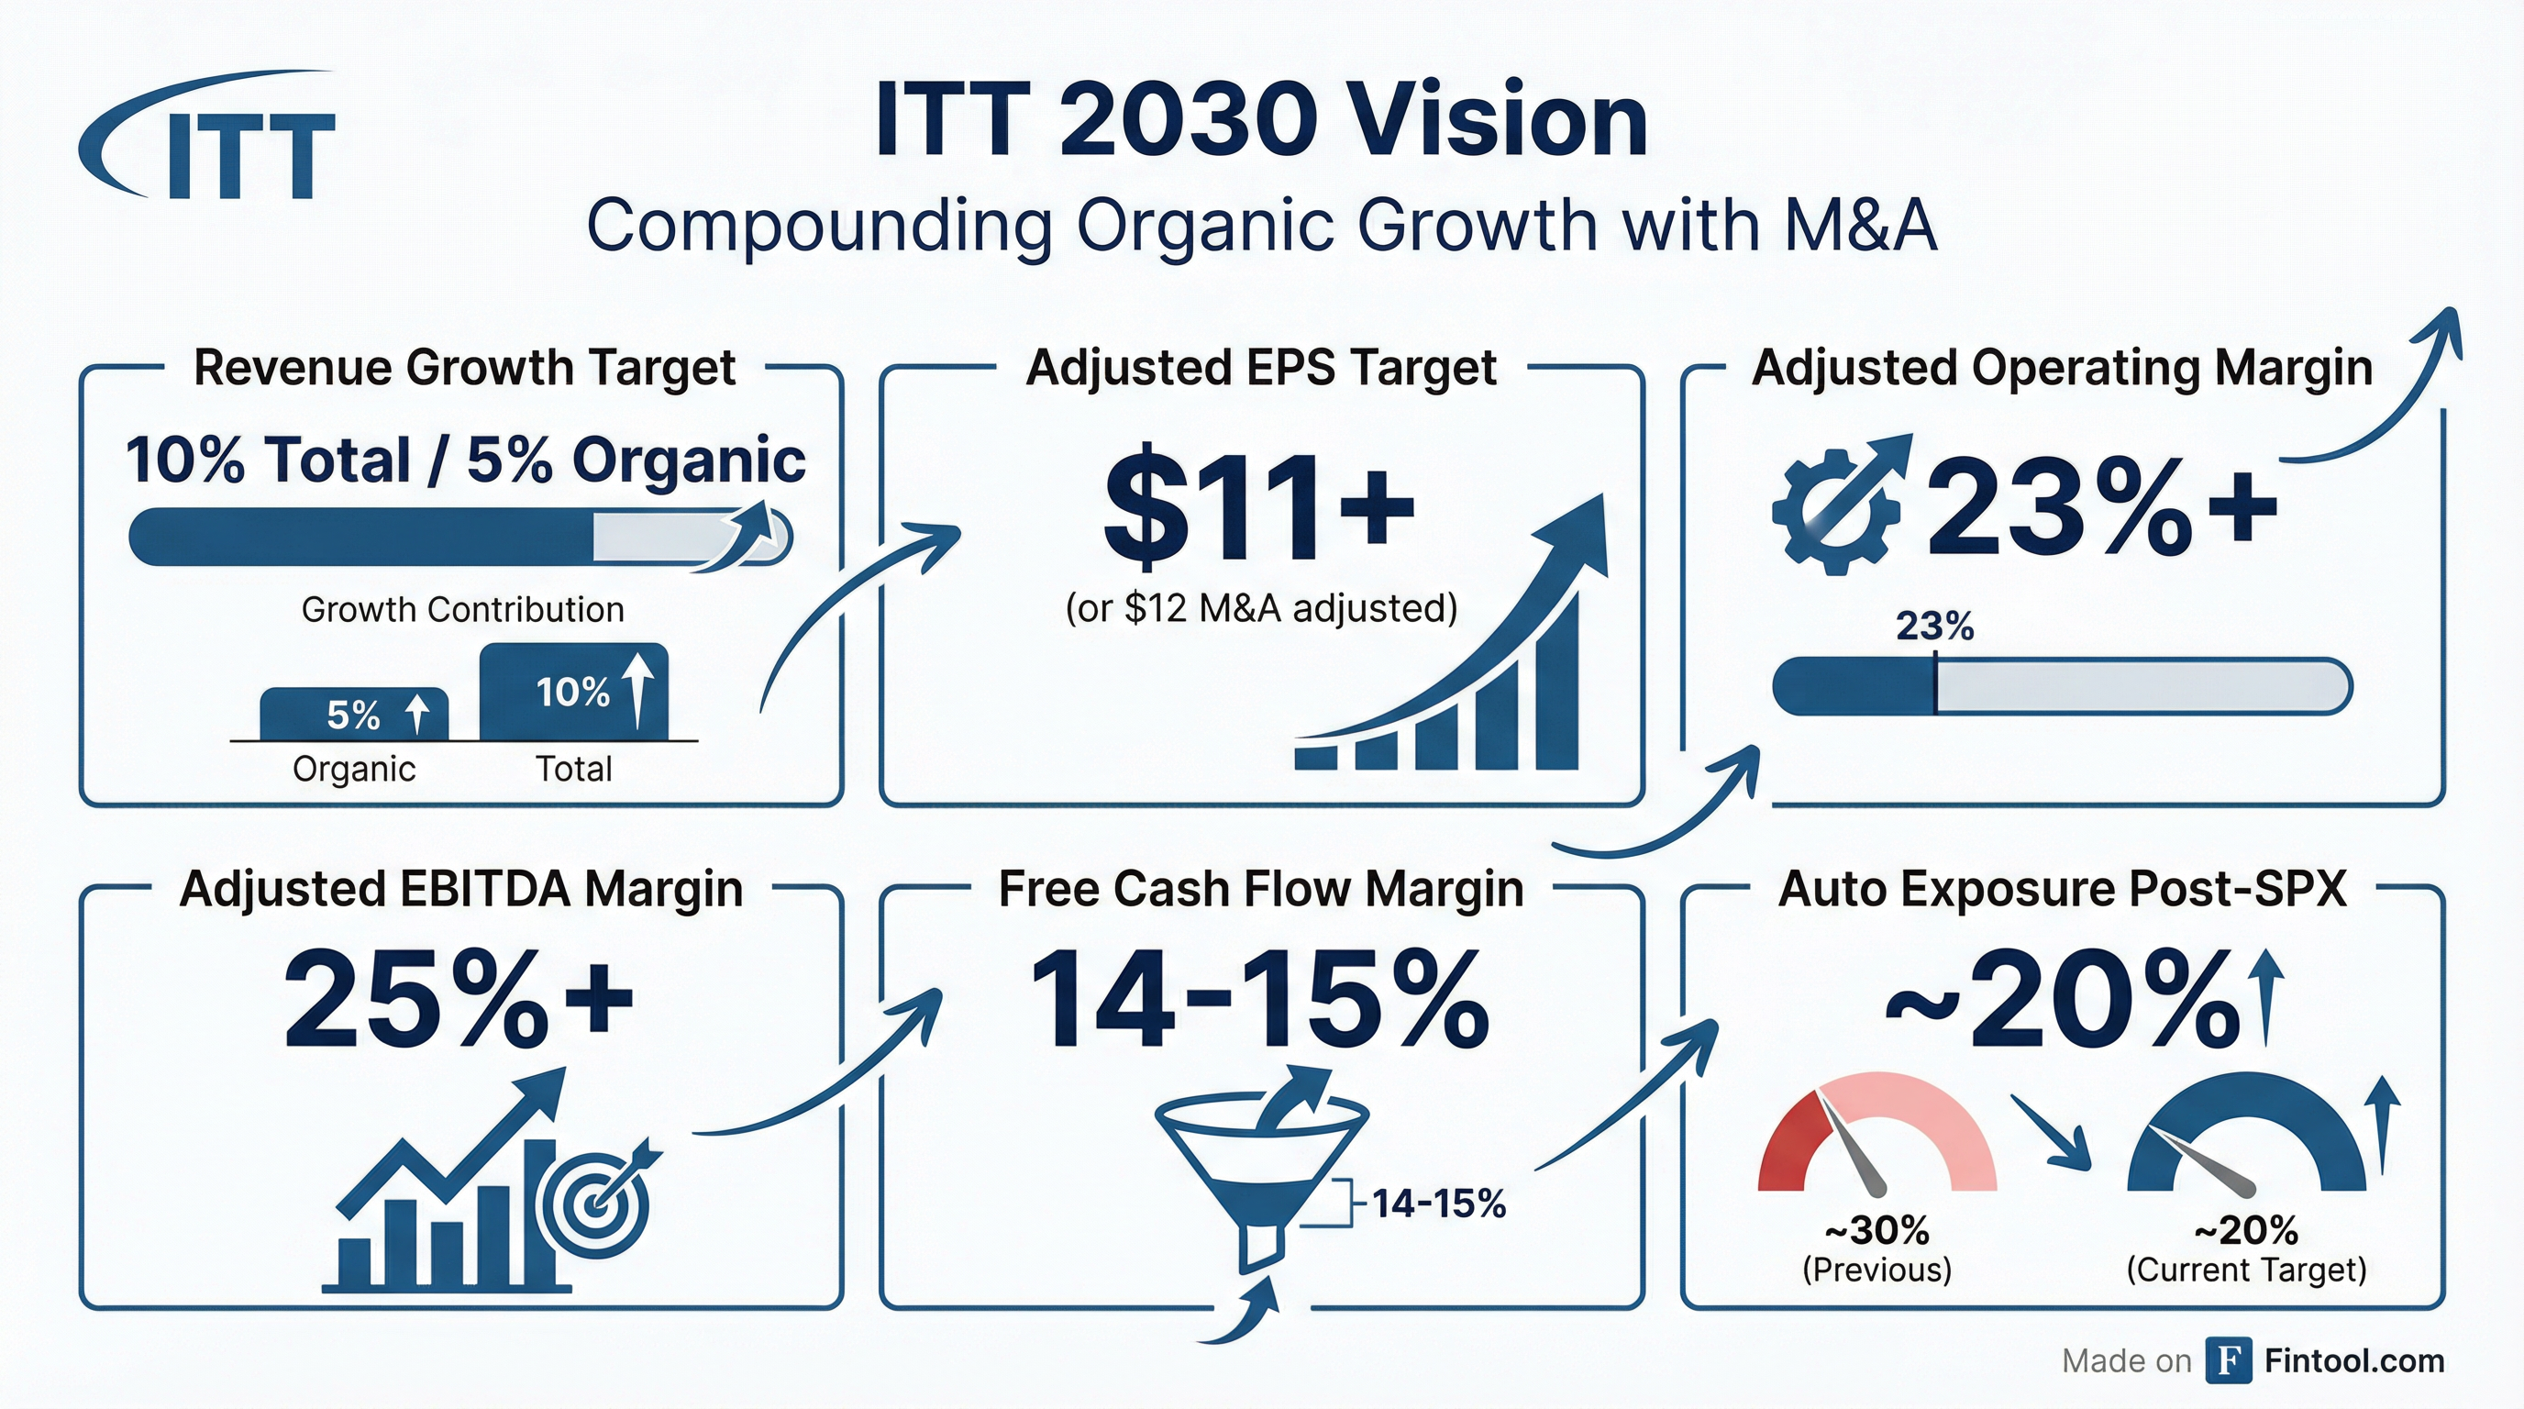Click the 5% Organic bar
(x=354, y=714)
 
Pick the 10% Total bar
(x=574, y=692)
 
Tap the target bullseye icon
(x=596, y=1199)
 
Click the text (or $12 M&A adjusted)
(x=1262, y=608)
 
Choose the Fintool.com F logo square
(x=2228, y=1360)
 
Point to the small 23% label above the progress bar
(x=1934, y=627)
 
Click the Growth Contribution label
(x=462, y=609)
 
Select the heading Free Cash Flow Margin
(x=1261, y=890)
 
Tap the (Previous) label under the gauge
(x=1877, y=1270)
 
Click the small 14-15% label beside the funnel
(x=1438, y=1204)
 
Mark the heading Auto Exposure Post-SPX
(x=2063, y=890)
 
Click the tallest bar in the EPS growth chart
(x=1558, y=680)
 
